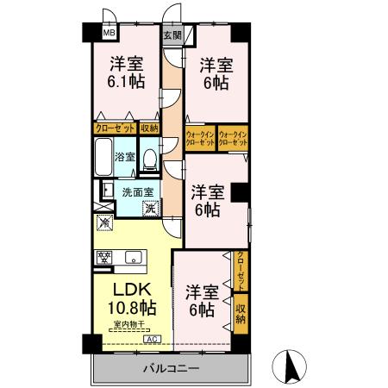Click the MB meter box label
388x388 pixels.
[109, 34]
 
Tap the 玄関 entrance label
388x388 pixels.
[172, 35]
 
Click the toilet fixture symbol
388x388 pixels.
[149, 159]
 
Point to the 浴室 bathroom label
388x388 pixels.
[125, 157]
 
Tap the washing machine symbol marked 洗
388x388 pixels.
[150, 208]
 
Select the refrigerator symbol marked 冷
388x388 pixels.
[105, 223]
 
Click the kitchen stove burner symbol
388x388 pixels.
[104, 256]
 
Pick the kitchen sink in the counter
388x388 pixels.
[134, 256]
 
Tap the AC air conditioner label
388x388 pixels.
[152, 341]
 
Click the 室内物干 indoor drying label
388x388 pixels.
[128, 323]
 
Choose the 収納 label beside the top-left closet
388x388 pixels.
[150, 128]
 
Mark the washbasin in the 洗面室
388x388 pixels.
[105, 191]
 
